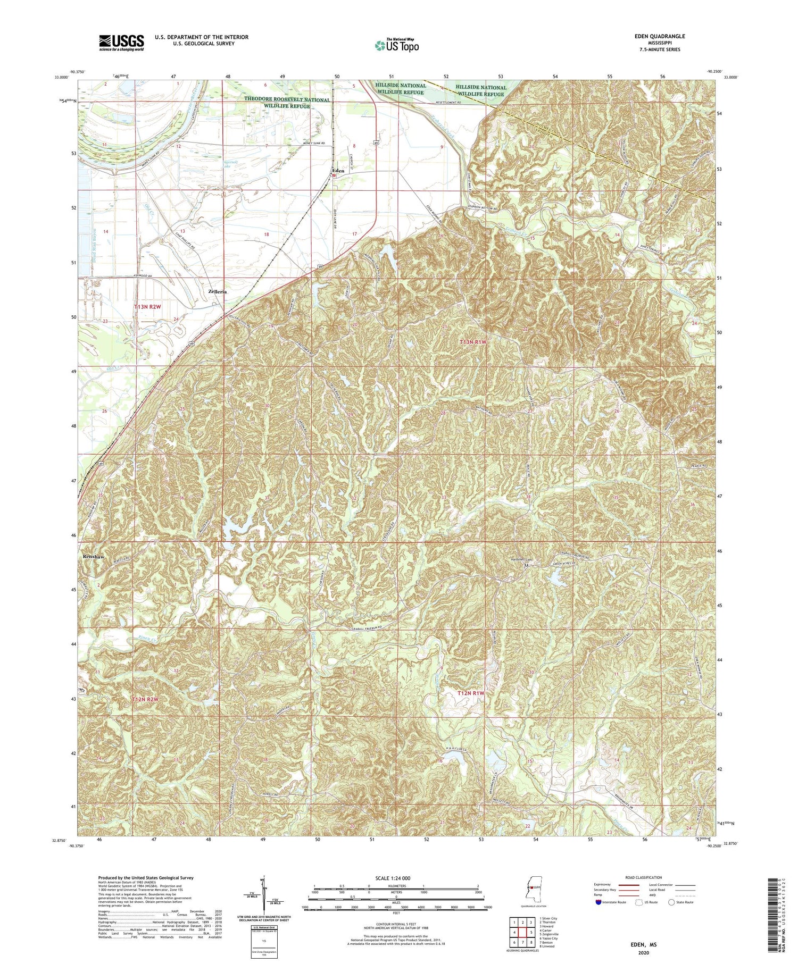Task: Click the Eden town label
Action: click(x=338, y=171)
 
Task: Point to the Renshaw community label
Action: click(x=93, y=556)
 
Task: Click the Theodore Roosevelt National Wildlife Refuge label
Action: click(x=287, y=103)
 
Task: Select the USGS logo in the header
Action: click(x=121, y=43)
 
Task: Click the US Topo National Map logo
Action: click(x=396, y=45)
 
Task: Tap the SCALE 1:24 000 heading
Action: click(x=393, y=878)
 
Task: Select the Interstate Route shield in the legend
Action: click(x=598, y=902)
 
